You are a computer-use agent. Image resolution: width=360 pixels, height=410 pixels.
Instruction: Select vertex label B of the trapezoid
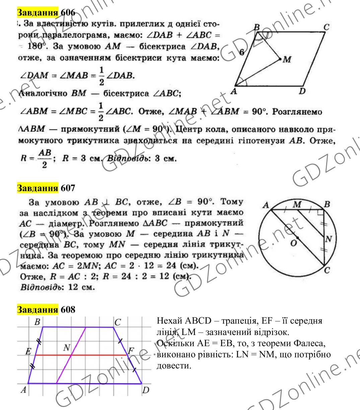point(37,323)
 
